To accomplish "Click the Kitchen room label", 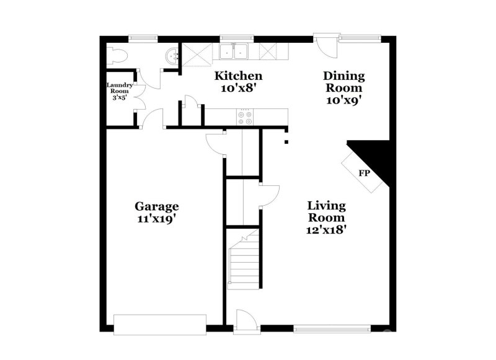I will tap(238, 76).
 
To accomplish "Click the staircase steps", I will tap(243, 260).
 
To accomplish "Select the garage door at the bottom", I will tap(160, 325).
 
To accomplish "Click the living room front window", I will tap(332, 328).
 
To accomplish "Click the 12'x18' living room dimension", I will tap(327, 230).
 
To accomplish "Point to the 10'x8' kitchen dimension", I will tap(238, 88).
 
